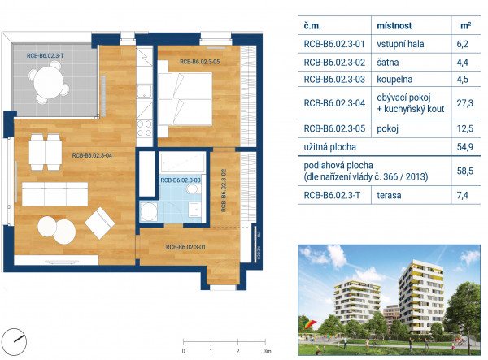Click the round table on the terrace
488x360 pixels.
(x=49, y=83)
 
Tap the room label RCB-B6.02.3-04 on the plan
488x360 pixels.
(x=92, y=155)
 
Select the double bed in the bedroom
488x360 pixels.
(x=185, y=98)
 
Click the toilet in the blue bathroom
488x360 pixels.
(x=194, y=189)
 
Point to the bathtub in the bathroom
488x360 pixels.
(x=182, y=162)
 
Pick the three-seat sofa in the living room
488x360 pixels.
(x=54, y=193)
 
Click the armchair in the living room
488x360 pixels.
(x=99, y=223)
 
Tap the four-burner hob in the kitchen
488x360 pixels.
(x=145, y=128)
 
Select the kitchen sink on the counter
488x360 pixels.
(x=145, y=90)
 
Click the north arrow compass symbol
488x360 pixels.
(x=15, y=341)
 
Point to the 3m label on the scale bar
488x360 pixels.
(x=267, y=351)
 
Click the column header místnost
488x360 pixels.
(x=394, y=25)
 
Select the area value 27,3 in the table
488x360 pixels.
(x=464, y=103)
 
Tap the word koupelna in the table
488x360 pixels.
(x=394, y=80)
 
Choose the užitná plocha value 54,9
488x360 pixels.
(x=464, y=147)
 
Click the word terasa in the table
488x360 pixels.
(x=389, y=195)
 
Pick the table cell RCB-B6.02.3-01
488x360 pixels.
(x=334, y=44)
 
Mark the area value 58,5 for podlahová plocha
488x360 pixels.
(x=464, y=171)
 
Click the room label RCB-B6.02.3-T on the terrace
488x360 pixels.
(x=45, y=55)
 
